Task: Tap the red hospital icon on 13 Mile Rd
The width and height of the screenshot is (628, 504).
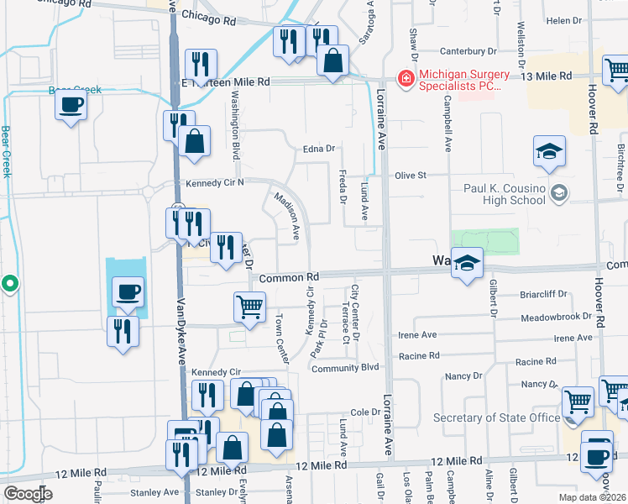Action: pyautogui.click(x=406, y=79)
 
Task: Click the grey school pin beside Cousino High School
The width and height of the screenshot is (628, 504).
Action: pyautogui.click(x=559, y=194)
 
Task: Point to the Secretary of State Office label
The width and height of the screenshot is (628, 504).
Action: pyautogui.click(x=496, y=418)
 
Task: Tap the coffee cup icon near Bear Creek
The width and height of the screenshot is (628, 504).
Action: pyautogui.click(x=71, y=105)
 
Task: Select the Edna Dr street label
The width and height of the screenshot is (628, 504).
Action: pyautogui.click(x=320, y=149)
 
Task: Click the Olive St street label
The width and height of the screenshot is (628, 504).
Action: pyautogui.click(x=411, y=176)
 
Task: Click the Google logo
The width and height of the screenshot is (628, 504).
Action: pyautogui.click(x=28, y=493)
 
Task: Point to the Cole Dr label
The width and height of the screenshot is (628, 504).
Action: pyautogui.click(x=365, y=412)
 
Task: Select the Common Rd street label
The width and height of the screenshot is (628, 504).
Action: pyautogui.click(x=290, y=277)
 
